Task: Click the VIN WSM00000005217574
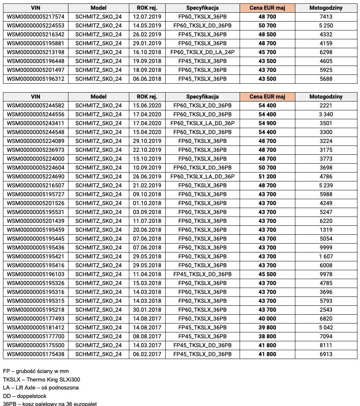click(x=35, y=16)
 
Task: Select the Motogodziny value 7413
click(x=326, y=16)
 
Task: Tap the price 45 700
click(x=267, y=52)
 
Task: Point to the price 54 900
click(x=267, y=123)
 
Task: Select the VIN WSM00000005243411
click(x=35, y=123)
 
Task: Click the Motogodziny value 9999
click(x=326, y=247)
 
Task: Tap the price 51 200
click(x=267, y=176)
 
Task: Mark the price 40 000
click(x=267, y=318)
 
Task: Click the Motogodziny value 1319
click(x=326, y=230)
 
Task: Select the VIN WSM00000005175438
click(x=35, y=354)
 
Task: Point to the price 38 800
click(x=267, y=336)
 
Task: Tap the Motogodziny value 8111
click(x=326, y=345)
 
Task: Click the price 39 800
click(x=267, y=327)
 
